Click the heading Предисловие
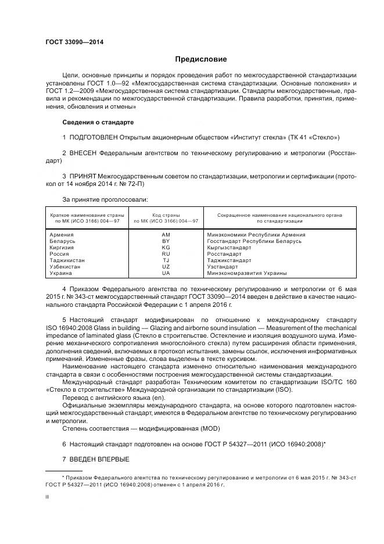[x=201, y=59]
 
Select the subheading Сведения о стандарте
[x=98, y=123]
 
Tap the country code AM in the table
[x=166, y=235]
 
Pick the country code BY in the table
[x=166, y=241]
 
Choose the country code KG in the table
[x=166, y=247]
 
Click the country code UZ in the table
[x=166, y=266]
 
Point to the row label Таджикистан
[x=67, y=260]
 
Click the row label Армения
[x=62, y=235]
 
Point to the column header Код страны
[x=166, y=215]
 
